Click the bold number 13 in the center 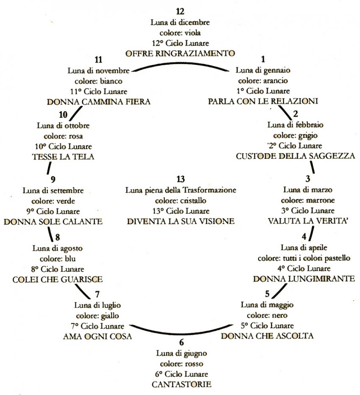tap(180, 180)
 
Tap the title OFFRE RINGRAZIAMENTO tap(180, 53)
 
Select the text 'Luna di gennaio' tap(263, 70)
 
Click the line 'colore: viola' tap(180, 33)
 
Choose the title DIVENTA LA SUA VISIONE tap(180, 221)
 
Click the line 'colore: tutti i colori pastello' tap(308, 258)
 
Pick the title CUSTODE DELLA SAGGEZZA tap(295, 156)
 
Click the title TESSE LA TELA tap(63, 157)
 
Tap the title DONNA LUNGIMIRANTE tap(304, 279)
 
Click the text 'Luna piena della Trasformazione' tap(180, 190)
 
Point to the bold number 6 tap(182, 343)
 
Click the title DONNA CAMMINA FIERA tap(99, 102)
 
